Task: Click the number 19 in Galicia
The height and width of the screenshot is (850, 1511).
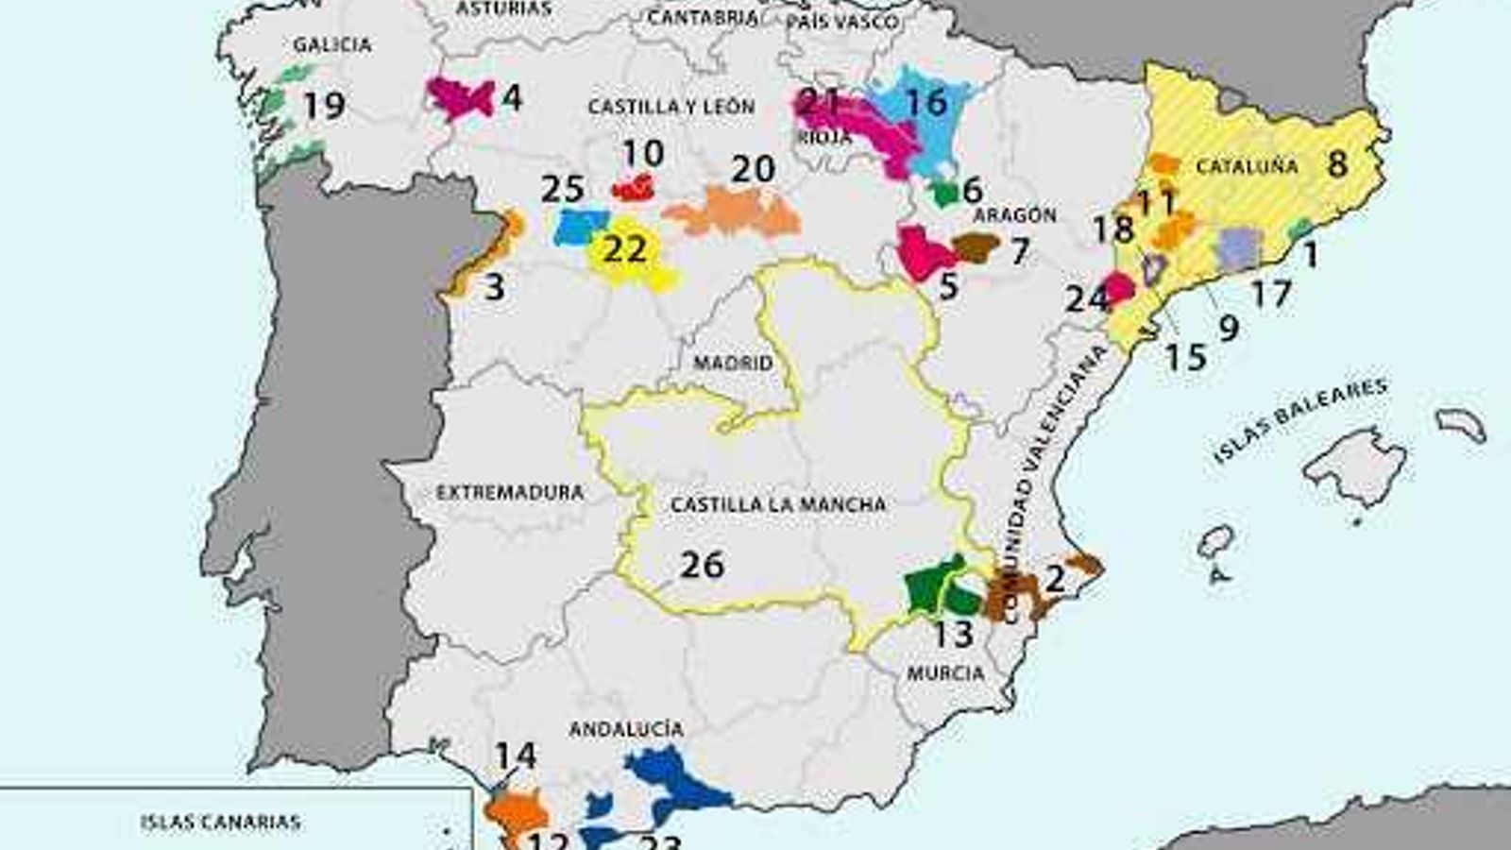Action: pyautogui.click(x=324, y=105)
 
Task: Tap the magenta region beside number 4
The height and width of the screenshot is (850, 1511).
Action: pyautogui.click(x=459, y=96)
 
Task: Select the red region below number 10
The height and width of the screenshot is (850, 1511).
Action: pyautogui.click(x=634, y=189)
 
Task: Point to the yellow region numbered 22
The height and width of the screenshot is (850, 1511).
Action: pyautogui.click(x=627, y=253)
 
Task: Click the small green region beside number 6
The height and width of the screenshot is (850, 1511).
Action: pyautogui.click(x=944, y=194)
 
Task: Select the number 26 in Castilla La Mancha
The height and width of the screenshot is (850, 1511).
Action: pyautogui.click(x=703, y=565)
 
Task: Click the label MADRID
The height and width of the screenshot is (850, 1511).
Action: pyautogui.click(x=733, y=363)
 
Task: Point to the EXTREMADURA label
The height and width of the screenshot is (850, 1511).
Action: pyautogui.click(x=510, y=492)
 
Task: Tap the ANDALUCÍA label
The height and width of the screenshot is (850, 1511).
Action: pyautogui.click(x=626, y=729)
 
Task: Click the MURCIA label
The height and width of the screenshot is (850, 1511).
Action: pyautogui.click(x=945, y=672)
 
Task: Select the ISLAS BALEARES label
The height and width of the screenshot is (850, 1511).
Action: pyautogui.click(x=1300, y=420)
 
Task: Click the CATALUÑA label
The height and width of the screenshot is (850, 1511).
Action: pyautogui.click(x=1247, y=167)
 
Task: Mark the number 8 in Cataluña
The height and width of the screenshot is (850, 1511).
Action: pyautogui.click(x=1337, y=163)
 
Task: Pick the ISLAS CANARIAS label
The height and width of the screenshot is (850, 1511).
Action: pyautogui.click(x=220, y=822)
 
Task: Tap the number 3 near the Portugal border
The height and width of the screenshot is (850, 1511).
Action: pyautogui.click(x=494, y=286)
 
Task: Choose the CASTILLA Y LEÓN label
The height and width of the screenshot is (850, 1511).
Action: pyautogui.click(x=671, y=107)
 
